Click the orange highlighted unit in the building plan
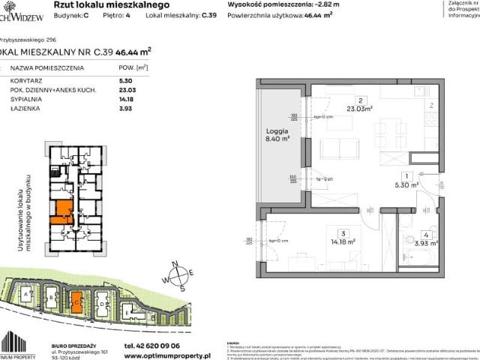tap(61, 213)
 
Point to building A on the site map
tap(28, 295)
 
